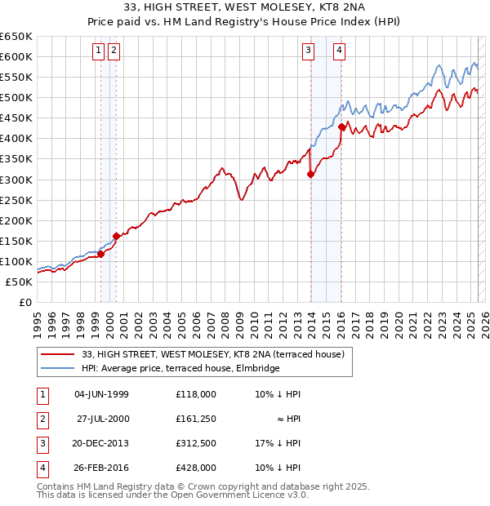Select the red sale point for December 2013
pos(311,174)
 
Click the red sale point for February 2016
pos(341,126)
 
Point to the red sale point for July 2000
pos(117,236)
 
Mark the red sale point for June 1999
pos(101,254)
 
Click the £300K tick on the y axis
pos(16,180)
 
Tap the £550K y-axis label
pos(16,77)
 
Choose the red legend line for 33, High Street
pos(57,354)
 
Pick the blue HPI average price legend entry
pos(180,368)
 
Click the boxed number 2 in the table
pos(42,419)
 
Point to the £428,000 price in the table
pos(195,468)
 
